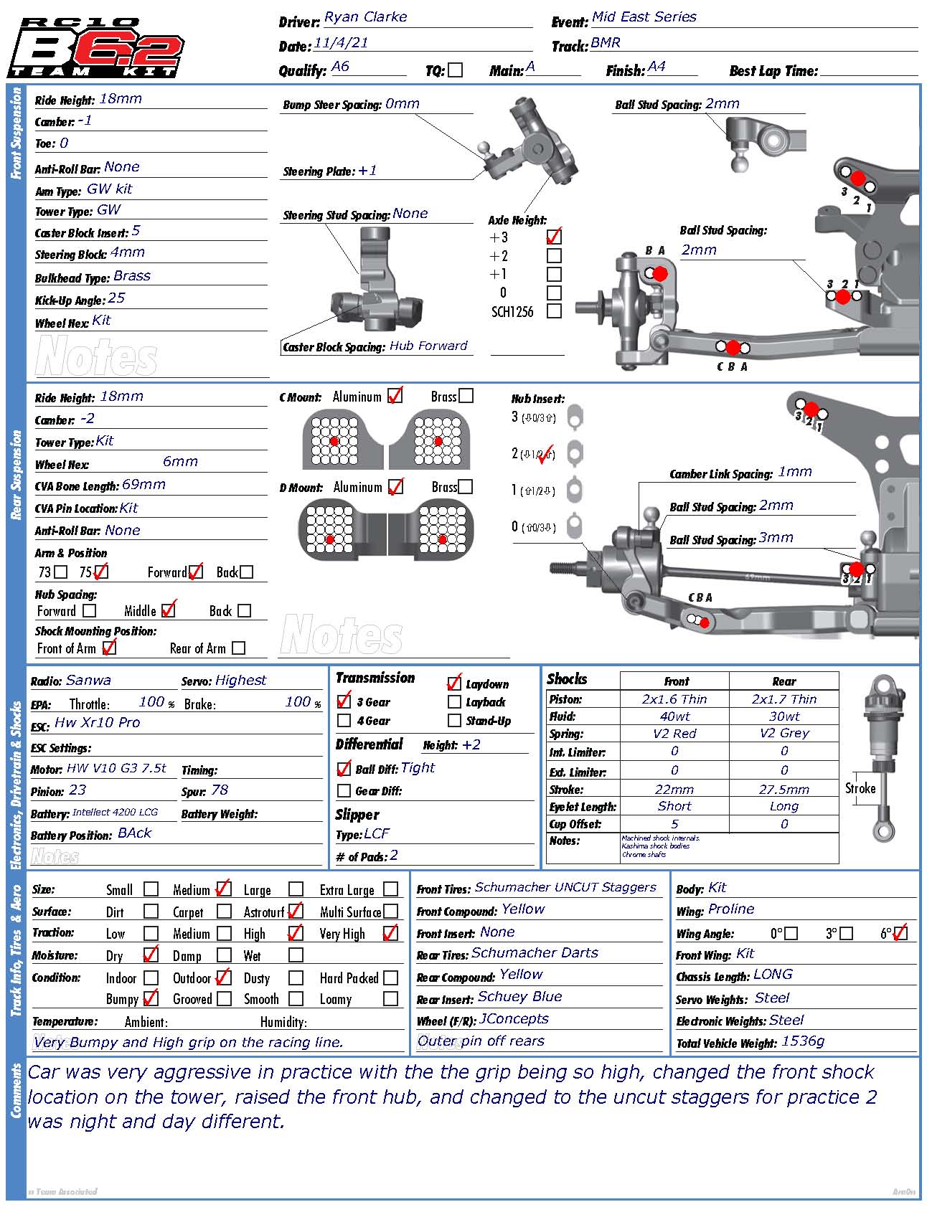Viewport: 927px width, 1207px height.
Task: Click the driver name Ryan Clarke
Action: point(365,17)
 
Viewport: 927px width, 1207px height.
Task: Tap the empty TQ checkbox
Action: point(456,70)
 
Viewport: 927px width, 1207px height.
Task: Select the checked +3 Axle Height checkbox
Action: point(554,237)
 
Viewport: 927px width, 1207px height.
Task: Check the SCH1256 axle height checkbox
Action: point(554,311)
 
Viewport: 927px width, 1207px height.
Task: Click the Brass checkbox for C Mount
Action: point(466,396)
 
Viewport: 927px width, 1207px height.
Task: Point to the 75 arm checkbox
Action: point(101,572)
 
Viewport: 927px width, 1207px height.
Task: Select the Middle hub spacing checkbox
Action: point(169,610)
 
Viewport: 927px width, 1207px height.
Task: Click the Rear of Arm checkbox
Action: point(239,648)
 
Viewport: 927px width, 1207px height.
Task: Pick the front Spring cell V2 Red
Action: point(674,734)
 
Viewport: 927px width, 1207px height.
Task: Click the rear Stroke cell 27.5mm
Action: point(784,789)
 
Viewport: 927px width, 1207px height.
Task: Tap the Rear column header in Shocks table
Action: point(784,681)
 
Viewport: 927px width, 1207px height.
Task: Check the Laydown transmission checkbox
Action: point(454,683)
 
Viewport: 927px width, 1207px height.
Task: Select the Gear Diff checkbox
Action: point(344,790)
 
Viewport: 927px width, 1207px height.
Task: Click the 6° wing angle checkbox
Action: point(900,933)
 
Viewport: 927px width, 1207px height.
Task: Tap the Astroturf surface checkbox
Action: point(295,912)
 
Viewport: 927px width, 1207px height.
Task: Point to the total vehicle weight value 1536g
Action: point(803,1041)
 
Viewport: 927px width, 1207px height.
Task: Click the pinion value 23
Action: point(77,790)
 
